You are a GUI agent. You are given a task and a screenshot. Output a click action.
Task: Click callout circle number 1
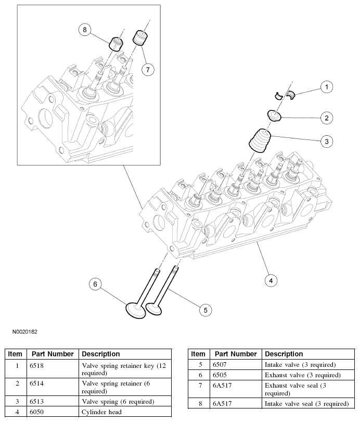[326, 87]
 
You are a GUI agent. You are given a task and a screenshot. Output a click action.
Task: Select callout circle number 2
[326, 118]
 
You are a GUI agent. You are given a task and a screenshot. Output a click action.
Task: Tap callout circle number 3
[326, 141]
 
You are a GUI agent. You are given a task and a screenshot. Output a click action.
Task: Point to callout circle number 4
[270, 280]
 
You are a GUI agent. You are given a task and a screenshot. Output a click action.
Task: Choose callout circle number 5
[205, 310]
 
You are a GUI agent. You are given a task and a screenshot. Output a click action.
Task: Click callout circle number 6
[95, 284]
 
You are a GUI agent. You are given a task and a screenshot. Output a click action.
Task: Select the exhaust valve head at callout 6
[135, 311]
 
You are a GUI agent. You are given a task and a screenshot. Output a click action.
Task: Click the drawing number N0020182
[22, 331]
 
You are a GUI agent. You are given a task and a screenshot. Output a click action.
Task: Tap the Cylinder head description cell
[101, 412]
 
